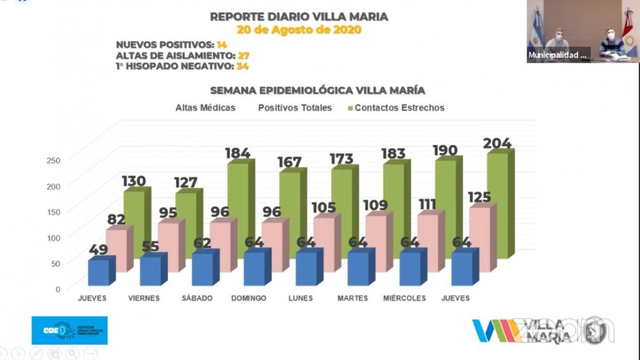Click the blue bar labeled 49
[x=99, y=272]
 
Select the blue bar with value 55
[x=150, y=270]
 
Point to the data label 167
[x=290, y=162]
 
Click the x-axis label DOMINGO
[x=249, y=298]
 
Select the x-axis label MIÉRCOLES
[x=404, y=298]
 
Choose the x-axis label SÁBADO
[x=197, y=298]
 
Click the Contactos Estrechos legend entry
[x=399, y=108]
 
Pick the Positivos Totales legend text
[x=295, y=108]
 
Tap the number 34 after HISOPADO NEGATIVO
[x=243, y=66]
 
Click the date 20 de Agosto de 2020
[x=299, y=30]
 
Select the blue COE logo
[x=69, y=331]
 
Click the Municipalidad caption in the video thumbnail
[x=557, y=55]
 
